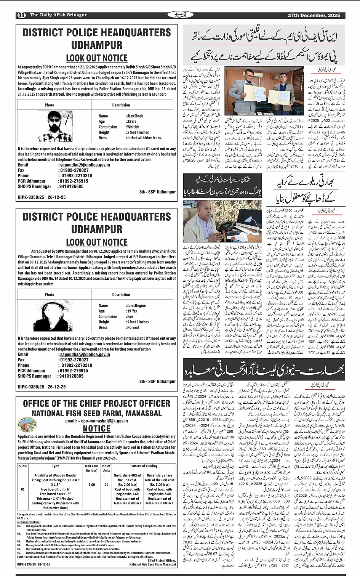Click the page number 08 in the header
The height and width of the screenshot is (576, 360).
click(21, 15)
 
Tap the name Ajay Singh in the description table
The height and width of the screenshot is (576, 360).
click(135, 116)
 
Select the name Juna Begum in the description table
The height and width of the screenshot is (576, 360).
click(136, 305)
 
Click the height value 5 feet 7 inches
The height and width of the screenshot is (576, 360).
click(138, 132)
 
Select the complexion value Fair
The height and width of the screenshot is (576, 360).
click(130, 316)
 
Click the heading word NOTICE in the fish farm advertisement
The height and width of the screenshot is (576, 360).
click(97, 428)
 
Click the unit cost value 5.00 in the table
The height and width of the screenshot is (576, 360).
click(91, 485)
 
